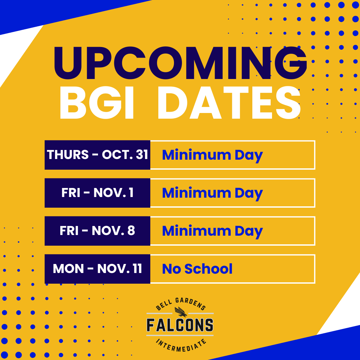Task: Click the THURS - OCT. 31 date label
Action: [x=97, y=155]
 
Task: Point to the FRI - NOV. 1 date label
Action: [x=97, y=193]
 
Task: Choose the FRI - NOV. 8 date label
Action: [x=97, y=231]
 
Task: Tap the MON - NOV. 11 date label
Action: [x=97, y=269]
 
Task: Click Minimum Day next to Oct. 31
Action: [x=212, y=155]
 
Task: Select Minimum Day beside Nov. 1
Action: [x=212, y=193]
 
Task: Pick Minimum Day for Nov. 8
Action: [x=212, y=231]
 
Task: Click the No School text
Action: [x=197, y=269]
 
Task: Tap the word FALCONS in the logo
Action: [x=180, y=325]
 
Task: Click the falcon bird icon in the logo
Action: [x=180, y=312]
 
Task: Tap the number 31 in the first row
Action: [x=142, y=155]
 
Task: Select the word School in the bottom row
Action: [x=208, y=269]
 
